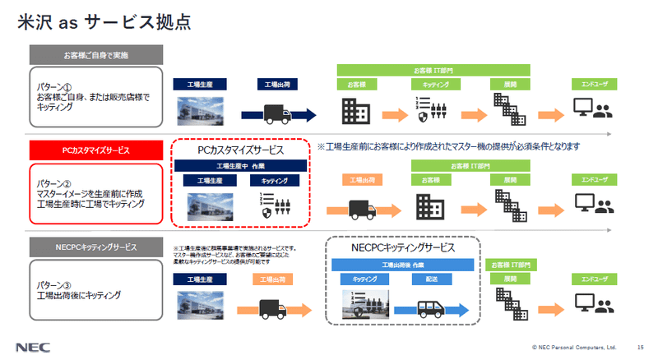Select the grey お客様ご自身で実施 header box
tap(90, 56)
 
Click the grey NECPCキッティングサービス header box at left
tap(90, 246)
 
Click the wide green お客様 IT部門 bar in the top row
tap(433, 69)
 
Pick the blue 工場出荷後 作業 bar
tap(402, 265)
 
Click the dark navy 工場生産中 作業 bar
tap(241, 165)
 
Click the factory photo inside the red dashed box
tap(206, 208)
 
